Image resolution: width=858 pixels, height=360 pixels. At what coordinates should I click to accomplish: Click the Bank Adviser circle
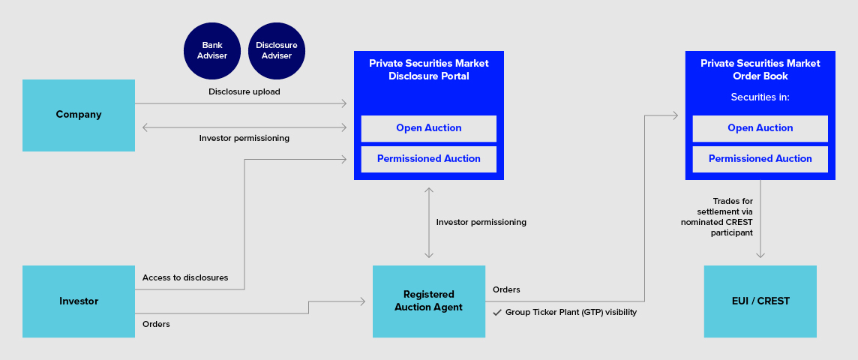click(214, 50)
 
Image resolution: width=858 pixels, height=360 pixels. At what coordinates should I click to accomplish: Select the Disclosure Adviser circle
click(277, 50)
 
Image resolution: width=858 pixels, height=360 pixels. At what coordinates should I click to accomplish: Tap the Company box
click(79, 115)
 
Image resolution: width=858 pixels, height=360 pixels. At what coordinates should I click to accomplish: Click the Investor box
click(79, 301)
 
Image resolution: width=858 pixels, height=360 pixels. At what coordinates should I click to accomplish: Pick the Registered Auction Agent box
click(428, 301)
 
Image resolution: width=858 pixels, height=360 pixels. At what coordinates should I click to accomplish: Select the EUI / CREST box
click(760, 301)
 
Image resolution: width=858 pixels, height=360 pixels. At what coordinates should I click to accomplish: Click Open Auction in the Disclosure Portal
click(428, 128)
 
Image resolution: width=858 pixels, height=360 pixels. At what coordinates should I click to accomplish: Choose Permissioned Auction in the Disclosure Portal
click(428, 159)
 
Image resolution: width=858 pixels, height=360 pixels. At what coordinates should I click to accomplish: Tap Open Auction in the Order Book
click(760, 128)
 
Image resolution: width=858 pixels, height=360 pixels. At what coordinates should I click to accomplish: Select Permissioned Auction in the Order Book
click(760, 159)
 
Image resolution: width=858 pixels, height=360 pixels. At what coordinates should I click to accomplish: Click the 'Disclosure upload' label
click(244, 92)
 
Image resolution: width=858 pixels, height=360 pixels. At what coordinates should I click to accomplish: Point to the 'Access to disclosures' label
click(185, 277)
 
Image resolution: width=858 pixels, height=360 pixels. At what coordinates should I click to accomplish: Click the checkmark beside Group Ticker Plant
click(497, 312)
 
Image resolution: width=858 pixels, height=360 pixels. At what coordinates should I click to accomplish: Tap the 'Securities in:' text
click(760, 97)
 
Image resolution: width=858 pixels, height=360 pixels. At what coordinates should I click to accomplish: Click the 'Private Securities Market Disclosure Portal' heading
click(428, 70)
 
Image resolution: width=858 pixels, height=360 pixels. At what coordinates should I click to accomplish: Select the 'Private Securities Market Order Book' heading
click(760, 70)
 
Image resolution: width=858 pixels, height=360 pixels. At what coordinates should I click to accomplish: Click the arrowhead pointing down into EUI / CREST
click(760, 255)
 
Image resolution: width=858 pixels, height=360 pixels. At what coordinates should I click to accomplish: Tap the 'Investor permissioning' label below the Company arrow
click(244, 139)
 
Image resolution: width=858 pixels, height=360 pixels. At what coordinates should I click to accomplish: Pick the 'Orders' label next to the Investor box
click(156, 324)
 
